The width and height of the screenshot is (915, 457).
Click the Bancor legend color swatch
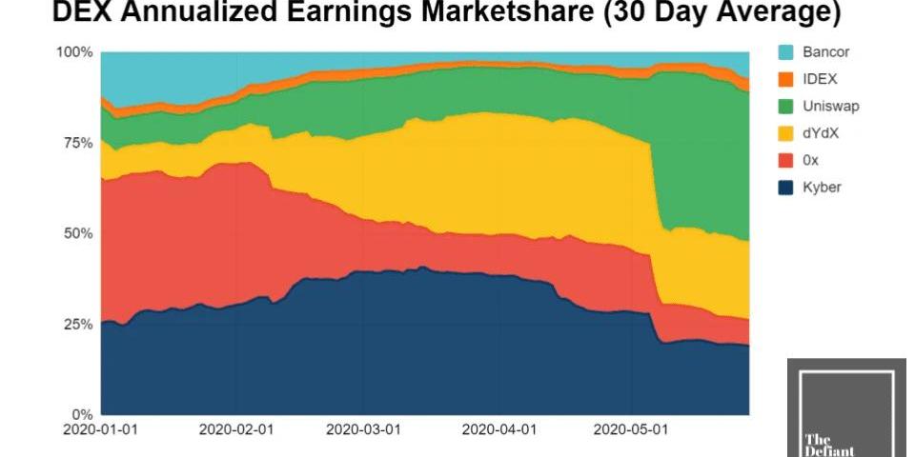coord(786,52)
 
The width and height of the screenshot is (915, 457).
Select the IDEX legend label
coord(818,79)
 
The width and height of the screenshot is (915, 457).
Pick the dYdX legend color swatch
coord(786,133)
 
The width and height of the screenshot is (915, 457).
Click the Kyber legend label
coord(822,188)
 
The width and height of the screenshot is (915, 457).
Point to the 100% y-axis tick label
coord(74,52)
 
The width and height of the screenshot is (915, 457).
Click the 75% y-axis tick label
coord(77,143)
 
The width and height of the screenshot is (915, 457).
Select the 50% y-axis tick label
coord(77,233)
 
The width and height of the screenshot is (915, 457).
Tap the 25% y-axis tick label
coord(77,324)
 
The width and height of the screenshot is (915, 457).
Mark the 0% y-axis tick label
coord(81,415)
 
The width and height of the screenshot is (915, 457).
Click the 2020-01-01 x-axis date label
coord(100,429)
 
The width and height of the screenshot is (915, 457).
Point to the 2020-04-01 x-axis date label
coord(497,429)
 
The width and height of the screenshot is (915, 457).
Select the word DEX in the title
coord(79,13)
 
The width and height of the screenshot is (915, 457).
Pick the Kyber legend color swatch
coord(786,188)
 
